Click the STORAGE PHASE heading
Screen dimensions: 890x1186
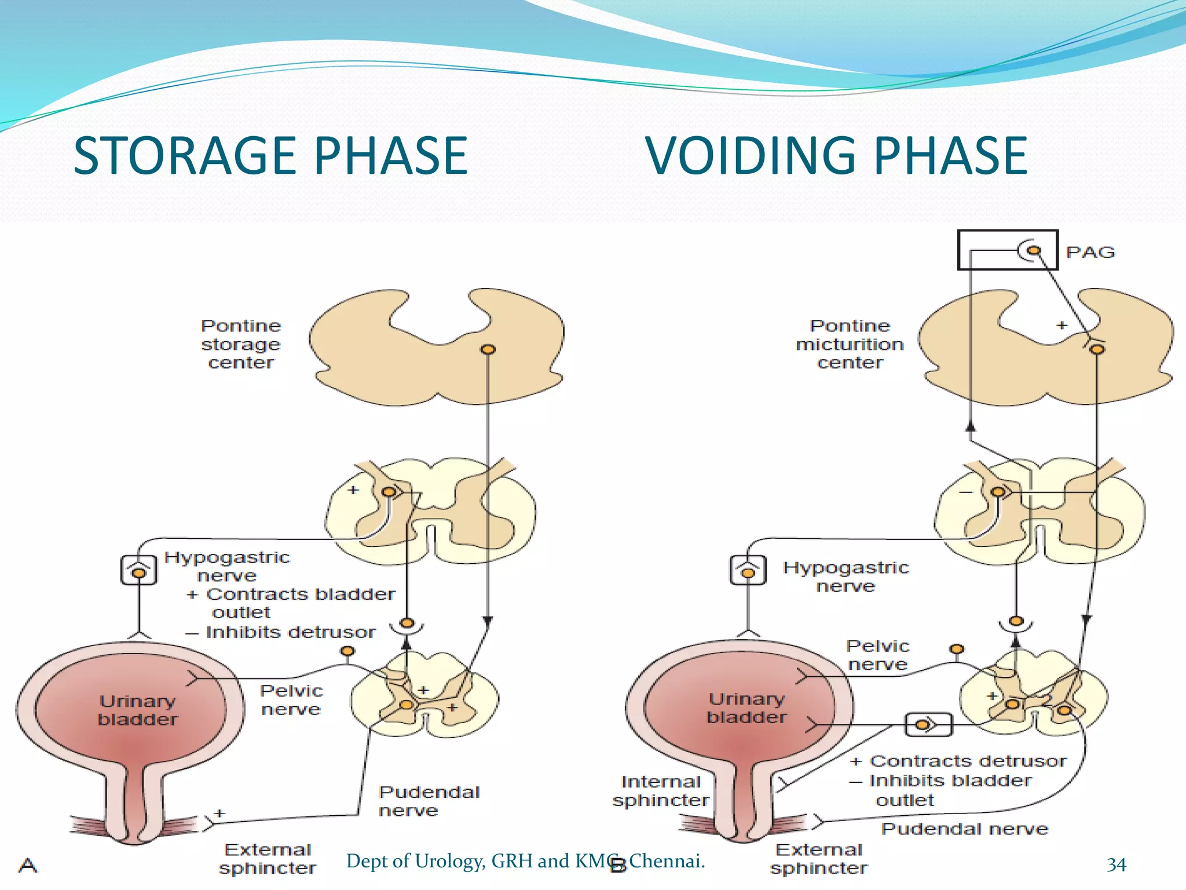coord(270,155)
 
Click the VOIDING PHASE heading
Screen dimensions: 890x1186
coord(836,155)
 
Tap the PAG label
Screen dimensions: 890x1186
coord(1090,253)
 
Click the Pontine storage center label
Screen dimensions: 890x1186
coord(241,344)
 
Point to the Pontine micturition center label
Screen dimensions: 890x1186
coord(850,344)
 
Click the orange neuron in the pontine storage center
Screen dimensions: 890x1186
coord(488,349)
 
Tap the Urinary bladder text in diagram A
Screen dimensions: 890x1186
coord(137,710)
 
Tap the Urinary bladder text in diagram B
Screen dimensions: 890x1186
coord(746,707)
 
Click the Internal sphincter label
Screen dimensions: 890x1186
coord(661,791)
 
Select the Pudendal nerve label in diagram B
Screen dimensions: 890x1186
coord(964,829)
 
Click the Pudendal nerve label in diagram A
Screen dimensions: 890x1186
coord(429,801)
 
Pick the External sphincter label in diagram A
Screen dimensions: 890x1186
coord(268,859)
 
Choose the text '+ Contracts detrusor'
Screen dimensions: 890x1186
coord(958,761)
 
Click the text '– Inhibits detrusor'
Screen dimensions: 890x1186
coord(281,632)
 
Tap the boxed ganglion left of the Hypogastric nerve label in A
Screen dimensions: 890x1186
coord(138,570)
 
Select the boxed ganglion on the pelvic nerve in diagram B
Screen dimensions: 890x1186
coord(928,724)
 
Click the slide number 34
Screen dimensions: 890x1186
coord(1116,865)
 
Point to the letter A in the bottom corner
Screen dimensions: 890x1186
coord(28,865)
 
